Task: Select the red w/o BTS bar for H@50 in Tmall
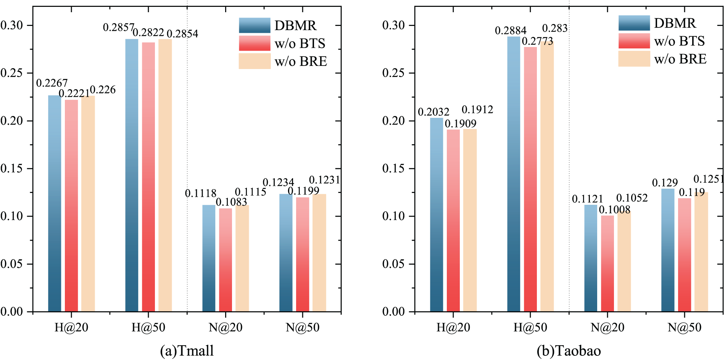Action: click(148, 177)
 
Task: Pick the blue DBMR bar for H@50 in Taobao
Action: click(514, 174)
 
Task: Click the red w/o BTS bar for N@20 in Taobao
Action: click(607, 264)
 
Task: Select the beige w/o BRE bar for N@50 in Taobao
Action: click(701, 252)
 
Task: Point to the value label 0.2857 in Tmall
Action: click(119, 27)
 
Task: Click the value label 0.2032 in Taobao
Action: click(433, 112)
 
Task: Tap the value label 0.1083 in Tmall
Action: click(231, 202)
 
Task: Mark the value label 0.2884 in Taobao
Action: click(511, 31)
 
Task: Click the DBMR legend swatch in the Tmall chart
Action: click(255, 26)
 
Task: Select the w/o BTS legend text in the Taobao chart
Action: click(679, 41)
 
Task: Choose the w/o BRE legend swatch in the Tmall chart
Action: click(255, 61)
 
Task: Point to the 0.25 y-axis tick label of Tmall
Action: click(12, 73)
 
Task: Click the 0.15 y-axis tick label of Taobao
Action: click(393, 169)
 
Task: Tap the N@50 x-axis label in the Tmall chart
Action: click(303, 327)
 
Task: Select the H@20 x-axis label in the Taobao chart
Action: click(453, 327)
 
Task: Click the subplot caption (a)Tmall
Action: click(187, 350)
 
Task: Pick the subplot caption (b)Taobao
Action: click(569, 350)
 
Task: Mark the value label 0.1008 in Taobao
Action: click(614, 210)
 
